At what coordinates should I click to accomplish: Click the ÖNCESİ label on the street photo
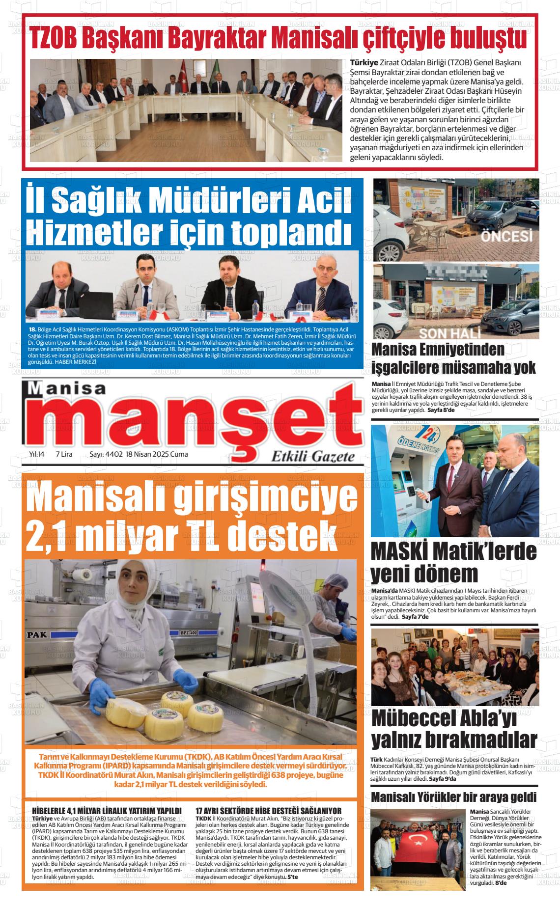(x=506, y=237)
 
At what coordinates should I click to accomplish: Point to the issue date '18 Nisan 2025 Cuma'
(x=157, y=454)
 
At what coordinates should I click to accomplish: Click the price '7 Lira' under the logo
(x=64, y=454)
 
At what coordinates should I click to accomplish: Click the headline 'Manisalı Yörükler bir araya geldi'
(x=453, y=797)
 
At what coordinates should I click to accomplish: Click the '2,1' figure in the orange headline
(x=47, y=531)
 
